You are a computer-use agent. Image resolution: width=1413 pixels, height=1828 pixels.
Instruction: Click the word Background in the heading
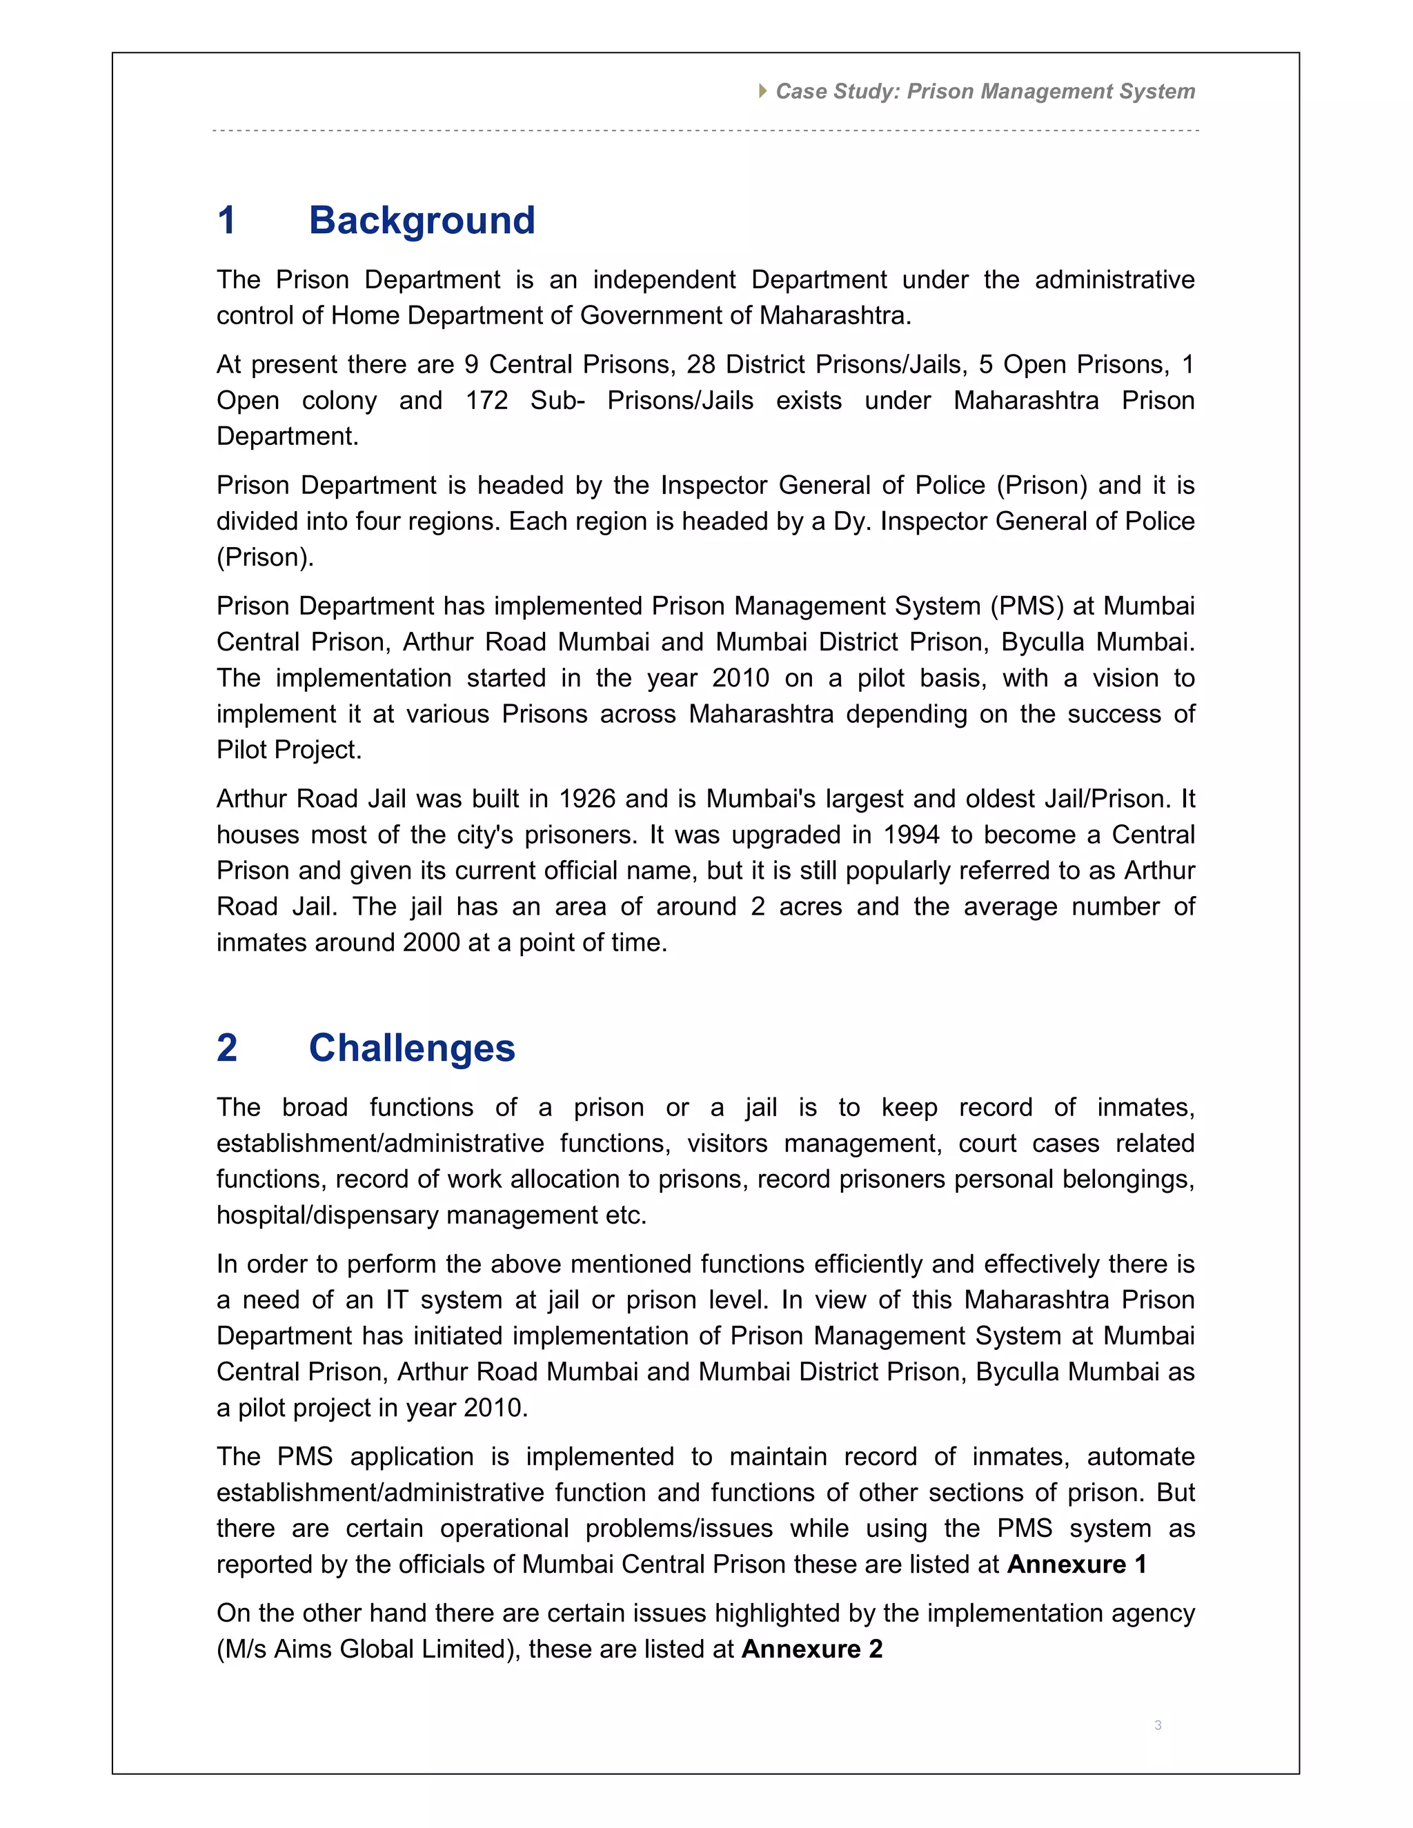pyautogui.click(x=422, y=221)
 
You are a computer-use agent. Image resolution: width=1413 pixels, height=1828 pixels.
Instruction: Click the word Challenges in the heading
pyautogui.click(x=412, y=1048)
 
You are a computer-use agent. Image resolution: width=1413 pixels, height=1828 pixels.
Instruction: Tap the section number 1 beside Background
pyautogui.click(x=226, y=221)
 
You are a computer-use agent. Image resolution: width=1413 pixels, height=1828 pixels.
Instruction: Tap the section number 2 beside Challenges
pyautogui.click(x=227, y=1048)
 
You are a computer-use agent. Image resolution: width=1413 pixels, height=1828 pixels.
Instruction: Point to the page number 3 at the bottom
pyautogui.click(x=1158, y=1725)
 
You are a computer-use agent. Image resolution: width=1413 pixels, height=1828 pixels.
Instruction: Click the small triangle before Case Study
pyautogui.click(x=762, y=90)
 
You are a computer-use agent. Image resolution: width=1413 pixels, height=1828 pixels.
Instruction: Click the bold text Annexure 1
pyautogui.click(x=1076, y=1564)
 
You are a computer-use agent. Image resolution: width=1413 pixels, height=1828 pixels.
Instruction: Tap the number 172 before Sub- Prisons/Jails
pyautogui.click(x=486, y=400)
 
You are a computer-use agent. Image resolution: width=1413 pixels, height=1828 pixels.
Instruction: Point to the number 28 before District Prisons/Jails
pyautogui.click(x=702, y=364)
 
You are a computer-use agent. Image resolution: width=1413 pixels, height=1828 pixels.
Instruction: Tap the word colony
pyautogui.click(x=339, y=400)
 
